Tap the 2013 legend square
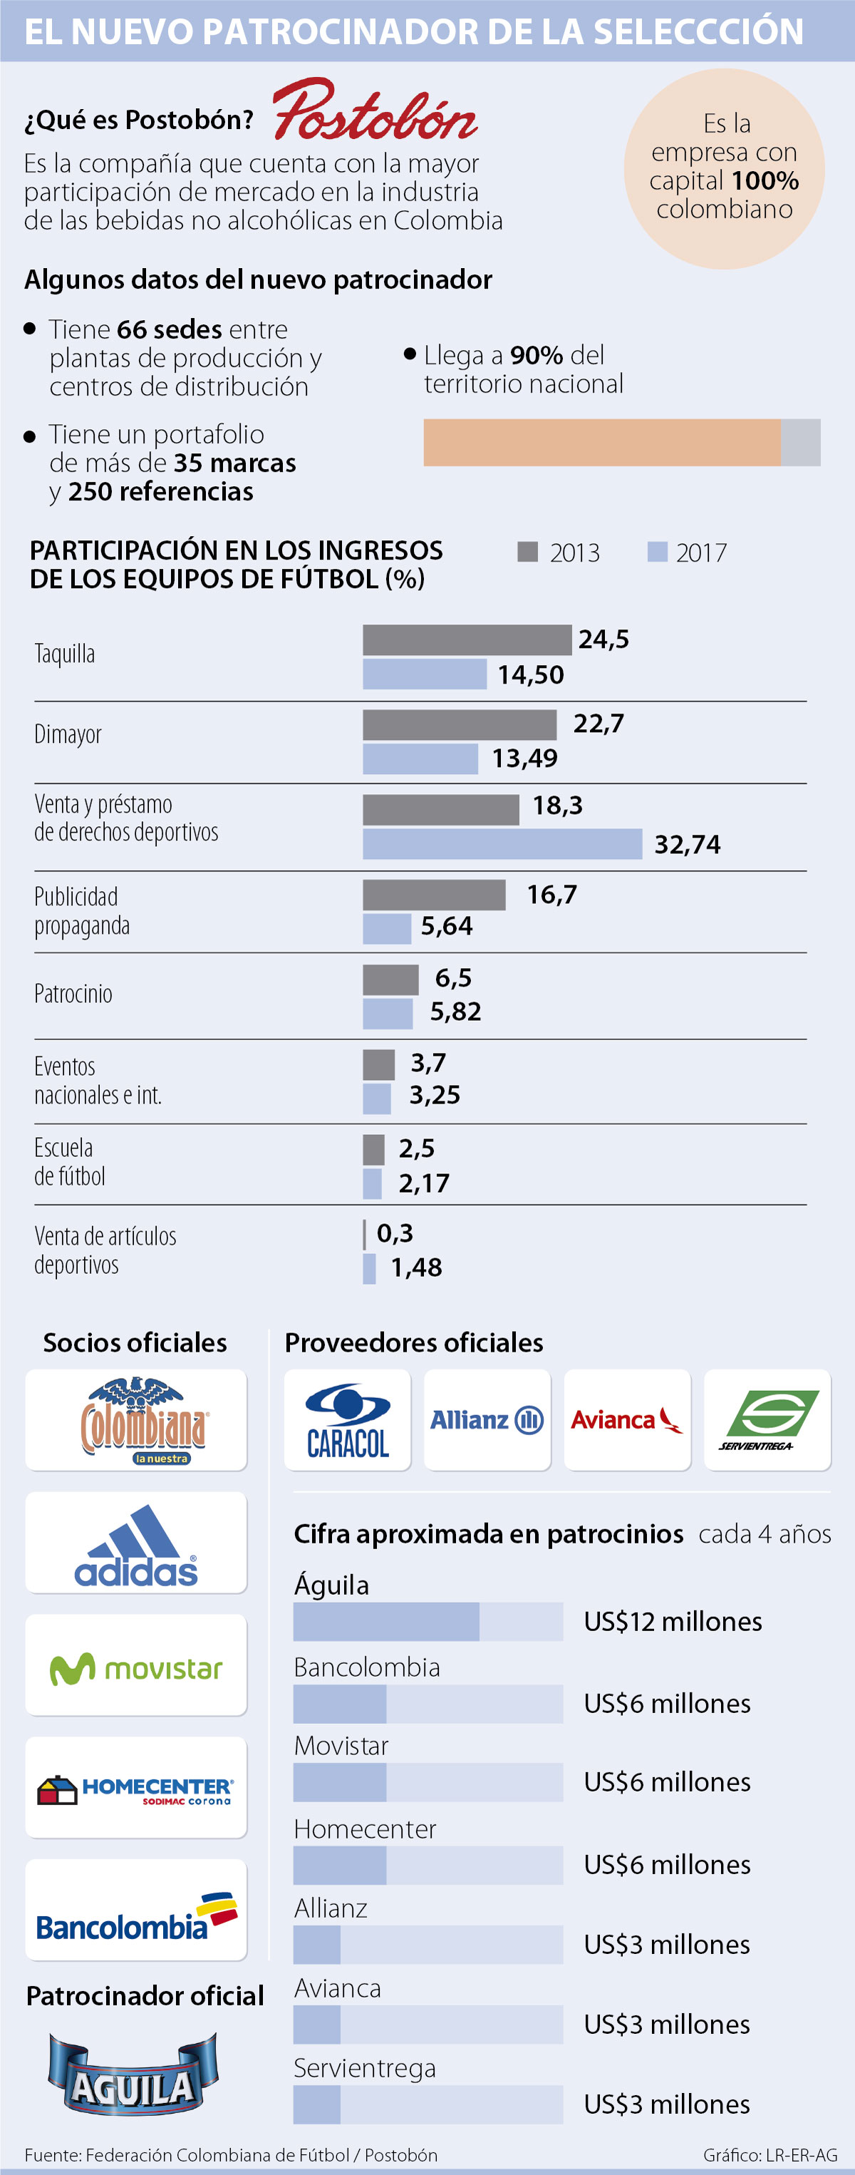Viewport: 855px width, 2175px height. click(527, 551)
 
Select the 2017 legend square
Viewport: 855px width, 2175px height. click(658, 551)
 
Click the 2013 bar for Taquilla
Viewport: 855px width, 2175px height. click(467, 639)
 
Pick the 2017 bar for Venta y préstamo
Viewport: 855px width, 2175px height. click(502, 843)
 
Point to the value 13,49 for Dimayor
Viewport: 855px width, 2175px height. click(524, 759)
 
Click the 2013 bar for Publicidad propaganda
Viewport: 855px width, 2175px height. click(434, 894)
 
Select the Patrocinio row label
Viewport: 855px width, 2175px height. click(73, 993)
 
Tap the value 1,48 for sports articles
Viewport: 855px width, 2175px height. click(416, 1268)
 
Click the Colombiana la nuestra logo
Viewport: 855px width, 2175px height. click(136, 1420)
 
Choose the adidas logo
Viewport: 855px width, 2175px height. click(136, 1543)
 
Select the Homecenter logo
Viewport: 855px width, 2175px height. click(136, 1787)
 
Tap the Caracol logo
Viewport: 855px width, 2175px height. click(347, 1420)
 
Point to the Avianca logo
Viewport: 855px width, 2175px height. click(627, 1420)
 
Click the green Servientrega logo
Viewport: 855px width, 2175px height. click(767, 1420)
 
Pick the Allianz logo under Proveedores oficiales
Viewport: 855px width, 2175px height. click(487, 1420)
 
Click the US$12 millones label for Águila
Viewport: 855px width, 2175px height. click(673, 1621)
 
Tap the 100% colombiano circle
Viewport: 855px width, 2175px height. click(724, 169)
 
